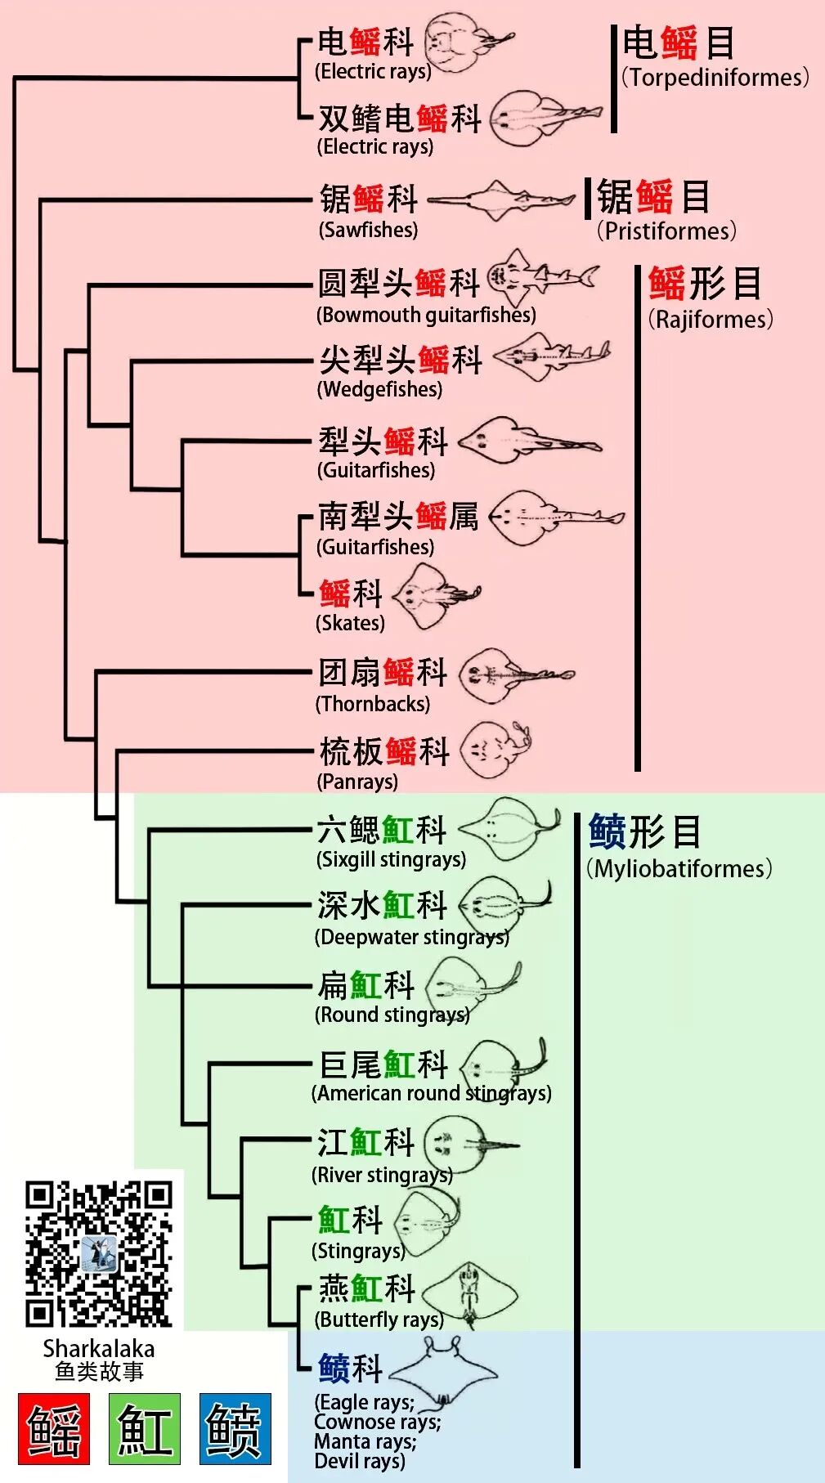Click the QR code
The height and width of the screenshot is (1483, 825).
tap(98, 1254)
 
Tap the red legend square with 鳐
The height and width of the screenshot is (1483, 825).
tap(54, 1428)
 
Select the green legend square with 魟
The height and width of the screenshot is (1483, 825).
tap(144, 1428)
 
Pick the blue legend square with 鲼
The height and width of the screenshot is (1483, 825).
tap(235, 1428)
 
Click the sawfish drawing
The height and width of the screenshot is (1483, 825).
tap(500, 199)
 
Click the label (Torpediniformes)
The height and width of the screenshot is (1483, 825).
tap(715, 78)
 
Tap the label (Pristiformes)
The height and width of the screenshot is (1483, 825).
tap(666, 231)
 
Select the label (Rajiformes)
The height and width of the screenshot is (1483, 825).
tap(710, 319)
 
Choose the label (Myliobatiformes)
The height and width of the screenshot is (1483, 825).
tap(679, 868)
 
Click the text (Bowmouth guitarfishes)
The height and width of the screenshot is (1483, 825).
tap(426, 315)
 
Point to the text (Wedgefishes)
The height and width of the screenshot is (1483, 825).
tap(379, 389)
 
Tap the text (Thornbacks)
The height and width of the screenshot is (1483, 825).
tap(373, 704)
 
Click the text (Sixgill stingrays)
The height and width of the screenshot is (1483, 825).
tap(391, 859)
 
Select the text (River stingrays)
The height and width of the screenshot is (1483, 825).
tap(382, 1175)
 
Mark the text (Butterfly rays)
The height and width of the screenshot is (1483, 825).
tap(379, 1319)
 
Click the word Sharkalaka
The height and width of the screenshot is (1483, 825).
tap(98, 1348)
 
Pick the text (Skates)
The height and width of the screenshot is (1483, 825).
tap(350, 623)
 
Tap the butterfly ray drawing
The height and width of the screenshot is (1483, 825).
tap(470, 1295)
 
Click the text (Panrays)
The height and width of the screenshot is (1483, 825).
tap(357, 782)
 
